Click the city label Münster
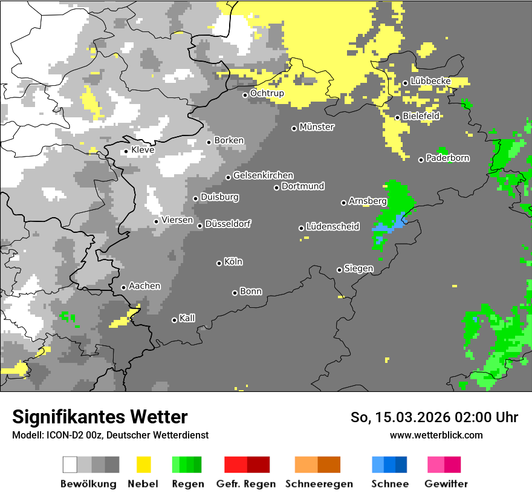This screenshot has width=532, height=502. coord(317,127)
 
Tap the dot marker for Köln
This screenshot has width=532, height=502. coord(219,263)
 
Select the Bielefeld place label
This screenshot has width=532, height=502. coord(421,116)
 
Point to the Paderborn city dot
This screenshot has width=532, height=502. coord(421,160)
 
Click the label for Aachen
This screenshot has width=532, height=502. coord(144,286)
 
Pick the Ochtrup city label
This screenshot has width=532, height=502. coord(267,94)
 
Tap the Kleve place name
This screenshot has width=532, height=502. coord(143,150)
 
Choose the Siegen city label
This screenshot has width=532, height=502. coord(358,269)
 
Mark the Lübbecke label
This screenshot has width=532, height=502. coord(430,81)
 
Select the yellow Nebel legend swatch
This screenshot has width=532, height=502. coord(143,465)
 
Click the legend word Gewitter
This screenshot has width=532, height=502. coord(446,484)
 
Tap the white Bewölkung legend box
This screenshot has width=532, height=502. coord(70,465)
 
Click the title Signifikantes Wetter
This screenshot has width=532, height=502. coord(100,417)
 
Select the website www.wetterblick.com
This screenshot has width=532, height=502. coord(436,435)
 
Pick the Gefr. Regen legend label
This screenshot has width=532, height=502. coord(245,484)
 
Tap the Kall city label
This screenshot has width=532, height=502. coord(187,318)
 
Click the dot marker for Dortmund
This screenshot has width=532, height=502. coord(276,187)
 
